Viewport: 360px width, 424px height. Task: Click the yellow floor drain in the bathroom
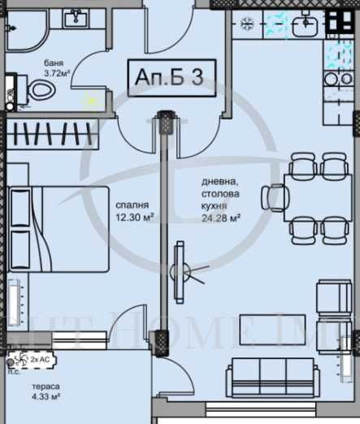pos(91,100)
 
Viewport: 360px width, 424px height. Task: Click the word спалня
pos(132,205)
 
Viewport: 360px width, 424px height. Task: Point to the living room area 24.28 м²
pos(222,218)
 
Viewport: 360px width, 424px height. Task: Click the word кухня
pos(215,206)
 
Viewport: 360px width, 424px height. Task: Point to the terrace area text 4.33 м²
pos(46,398)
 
